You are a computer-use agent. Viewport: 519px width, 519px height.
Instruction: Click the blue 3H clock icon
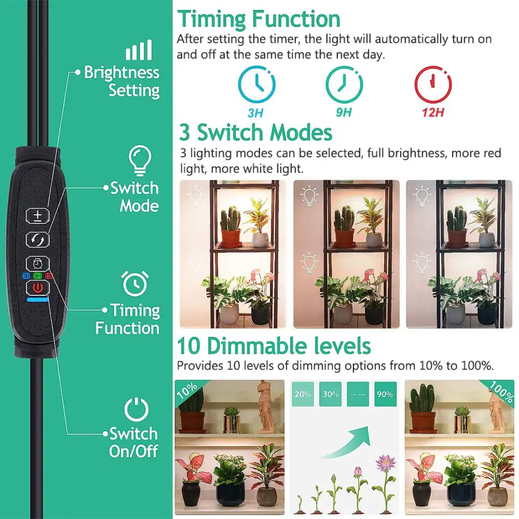[257, 84]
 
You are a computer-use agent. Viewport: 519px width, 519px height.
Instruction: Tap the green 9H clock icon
[344, 84]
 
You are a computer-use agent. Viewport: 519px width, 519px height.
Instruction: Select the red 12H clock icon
[433, 84]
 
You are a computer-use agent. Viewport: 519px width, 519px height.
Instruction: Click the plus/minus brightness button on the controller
[37, 216]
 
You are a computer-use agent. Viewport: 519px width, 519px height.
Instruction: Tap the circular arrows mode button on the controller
[37, 239]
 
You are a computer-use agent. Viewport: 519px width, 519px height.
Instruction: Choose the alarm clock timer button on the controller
[37, 264]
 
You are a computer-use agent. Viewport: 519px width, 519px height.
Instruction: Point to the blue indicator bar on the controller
[37, 300]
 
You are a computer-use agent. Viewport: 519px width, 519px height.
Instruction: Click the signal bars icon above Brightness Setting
[138, 50]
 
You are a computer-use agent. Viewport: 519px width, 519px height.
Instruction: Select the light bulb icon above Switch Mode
[140, 160]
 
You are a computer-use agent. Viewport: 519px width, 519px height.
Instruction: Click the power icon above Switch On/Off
[136, 409]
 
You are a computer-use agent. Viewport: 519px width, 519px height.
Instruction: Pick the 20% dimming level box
[303, 394]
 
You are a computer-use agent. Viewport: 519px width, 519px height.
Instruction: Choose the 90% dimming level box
[385, 394]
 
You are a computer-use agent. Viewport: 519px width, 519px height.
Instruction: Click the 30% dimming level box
[330, 394]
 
